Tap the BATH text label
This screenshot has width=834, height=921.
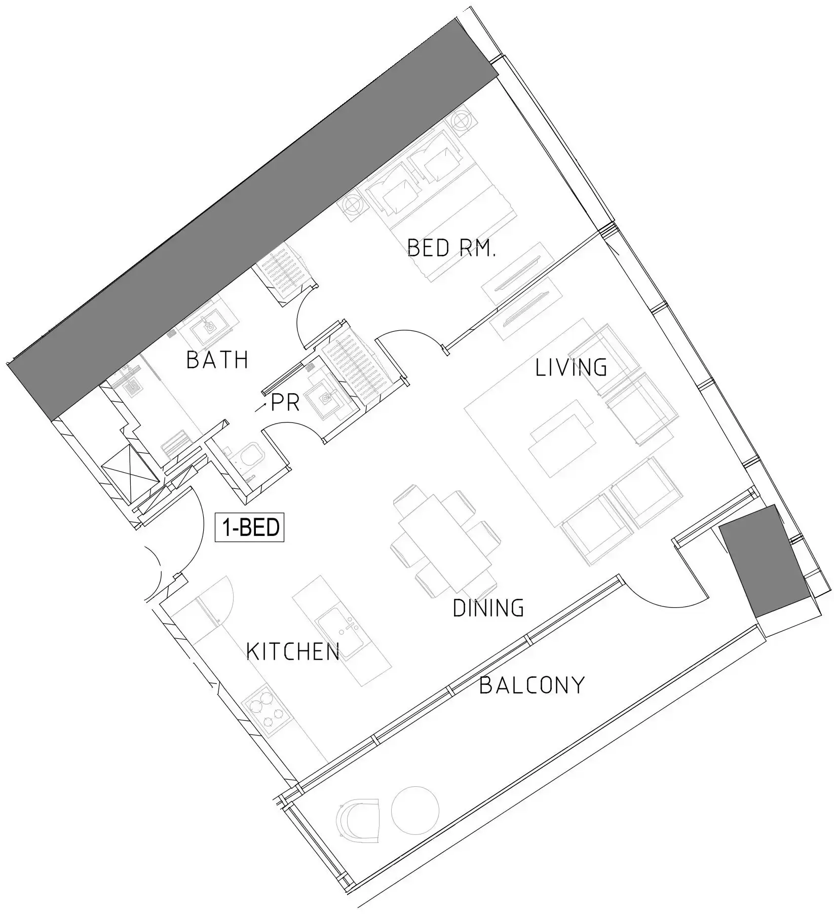tap(218, 360)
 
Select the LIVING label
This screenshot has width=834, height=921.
tap(571, 368)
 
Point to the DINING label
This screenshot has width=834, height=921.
tap(488, 608)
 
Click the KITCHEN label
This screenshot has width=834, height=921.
tap(293, 651)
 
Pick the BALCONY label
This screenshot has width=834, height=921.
tap(532, 686)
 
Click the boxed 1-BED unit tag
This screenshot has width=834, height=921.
tap(249, 528)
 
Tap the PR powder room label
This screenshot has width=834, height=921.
tap(286, 403)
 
